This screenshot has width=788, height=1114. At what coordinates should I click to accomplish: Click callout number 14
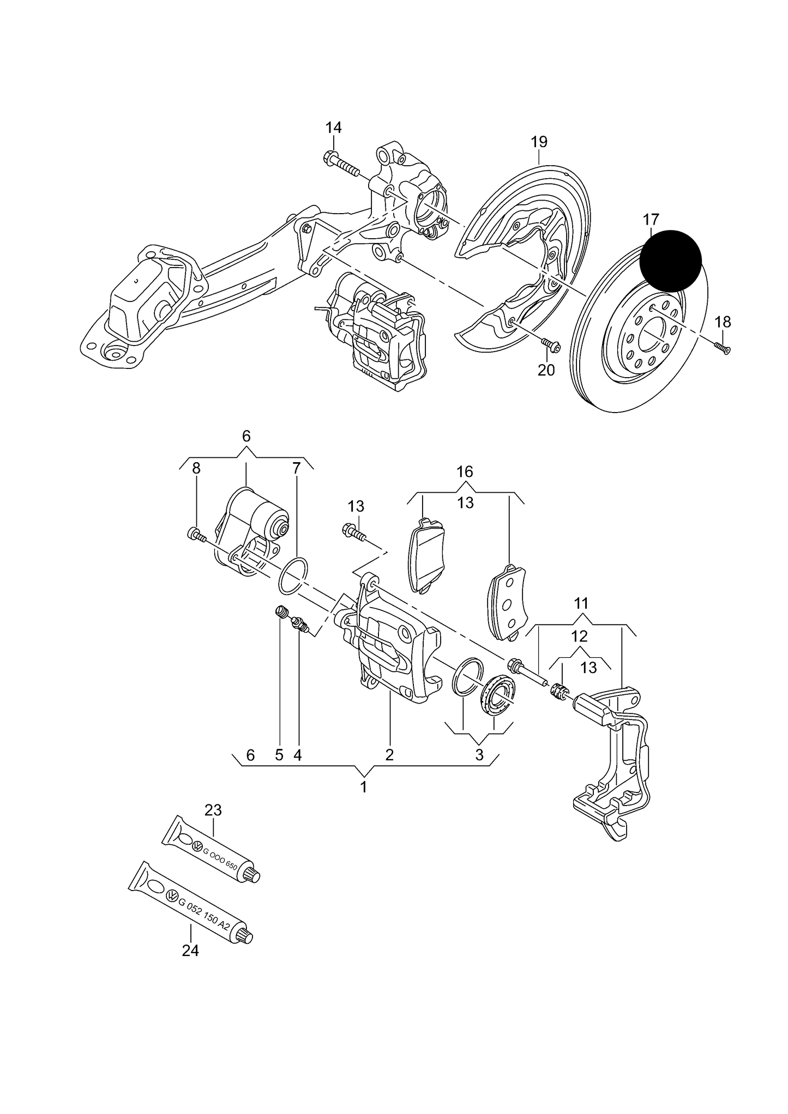click(x=333, y=128)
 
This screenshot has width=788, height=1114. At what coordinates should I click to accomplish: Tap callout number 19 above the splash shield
click(x=539, y=142)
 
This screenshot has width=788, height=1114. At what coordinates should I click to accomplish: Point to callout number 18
click(x=723, y=322)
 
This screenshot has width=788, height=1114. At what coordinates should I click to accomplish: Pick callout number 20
click(x=546, y=370)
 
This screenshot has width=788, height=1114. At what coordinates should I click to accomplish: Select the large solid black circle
click(x=670, y=261)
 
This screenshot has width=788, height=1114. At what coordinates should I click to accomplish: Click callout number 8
click(x=196, y=468)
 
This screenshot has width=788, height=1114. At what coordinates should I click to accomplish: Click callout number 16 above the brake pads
click(x=465, y=471)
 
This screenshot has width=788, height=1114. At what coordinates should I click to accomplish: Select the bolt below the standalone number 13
click(x=354, y=532)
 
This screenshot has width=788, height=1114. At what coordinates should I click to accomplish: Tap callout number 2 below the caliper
click(x=389, y=755)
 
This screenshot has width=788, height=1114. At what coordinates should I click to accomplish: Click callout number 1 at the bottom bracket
click(x=364, y=787)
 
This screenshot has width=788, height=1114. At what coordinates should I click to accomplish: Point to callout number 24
click(x=190, y=950)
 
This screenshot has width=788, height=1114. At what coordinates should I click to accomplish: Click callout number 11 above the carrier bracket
click(x=581, y=603)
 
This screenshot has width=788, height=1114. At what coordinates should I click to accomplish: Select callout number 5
click(x=279, y=755)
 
